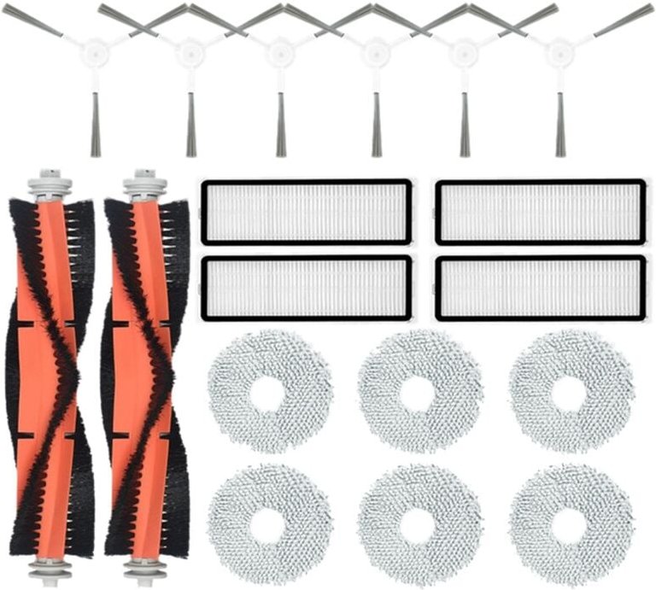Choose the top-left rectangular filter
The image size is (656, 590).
[x=307, y=212]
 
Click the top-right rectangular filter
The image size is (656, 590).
[x=541, y=212]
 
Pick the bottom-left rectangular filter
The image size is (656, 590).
[x=307, y=288]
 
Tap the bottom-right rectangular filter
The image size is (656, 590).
[x=541, y=288]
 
